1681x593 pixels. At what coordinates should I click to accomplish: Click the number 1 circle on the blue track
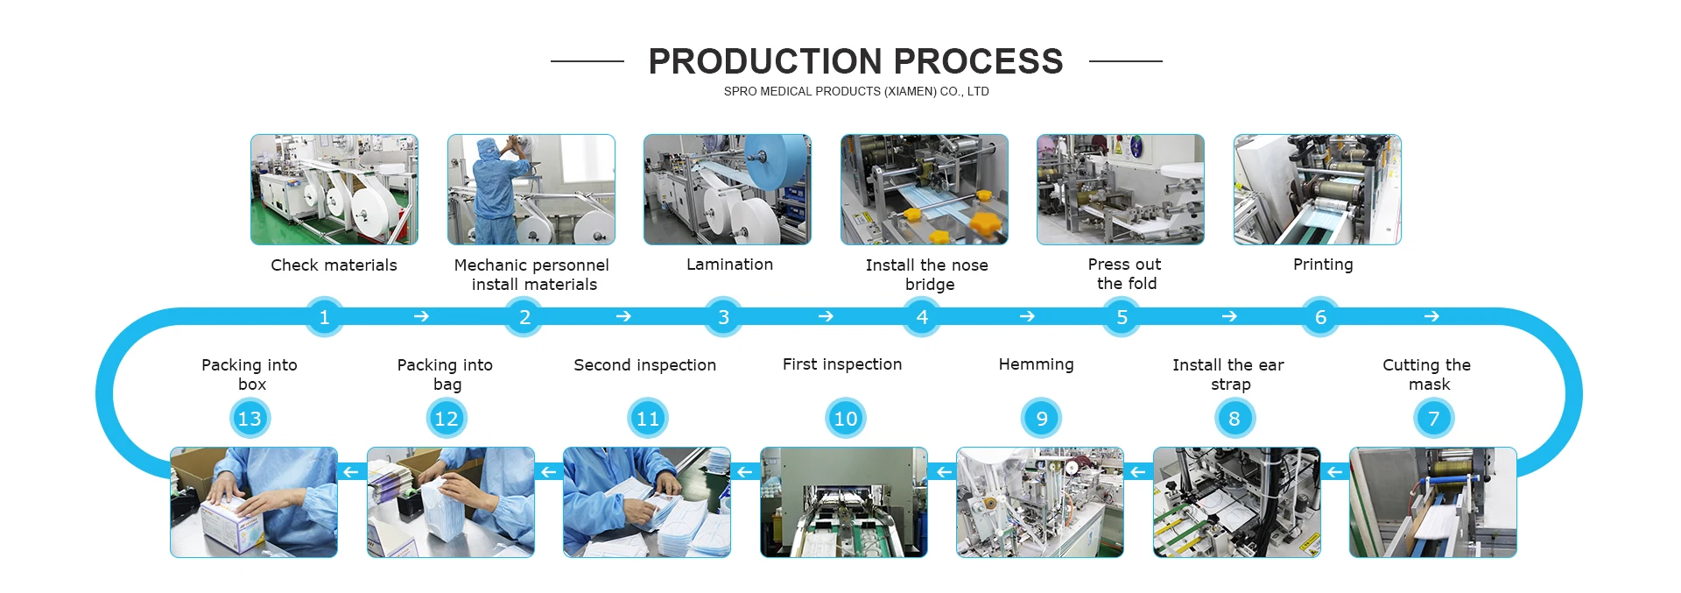(x=324, y=317)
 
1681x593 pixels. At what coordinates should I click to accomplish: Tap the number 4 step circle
(x=922, y=317)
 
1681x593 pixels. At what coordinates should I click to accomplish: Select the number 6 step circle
(x=1320, y=317)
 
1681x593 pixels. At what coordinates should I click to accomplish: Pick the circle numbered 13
(x=250, y=419)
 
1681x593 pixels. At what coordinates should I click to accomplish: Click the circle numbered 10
(x=845, y=419)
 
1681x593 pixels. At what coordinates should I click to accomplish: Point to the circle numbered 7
(x=1433, y=419)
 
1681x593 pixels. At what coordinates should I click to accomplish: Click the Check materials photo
(x=334, y=189)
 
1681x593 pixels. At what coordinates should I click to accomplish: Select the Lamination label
(x=729, y=265)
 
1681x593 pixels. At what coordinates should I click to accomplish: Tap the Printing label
(x=1323, y=265)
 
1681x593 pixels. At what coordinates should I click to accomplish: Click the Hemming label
(x=1036, y=364)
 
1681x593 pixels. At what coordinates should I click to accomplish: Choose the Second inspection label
(x=644, y=365)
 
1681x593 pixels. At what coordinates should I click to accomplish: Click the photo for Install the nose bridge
(x=924, y=189)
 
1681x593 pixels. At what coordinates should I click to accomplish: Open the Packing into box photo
(x=254, y=502)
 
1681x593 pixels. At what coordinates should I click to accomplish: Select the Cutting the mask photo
(x=1432, y=502)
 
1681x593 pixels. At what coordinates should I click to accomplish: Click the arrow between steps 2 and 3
(x=623, y=316)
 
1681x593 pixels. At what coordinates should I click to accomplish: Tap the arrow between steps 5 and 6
(x=1229, y=316)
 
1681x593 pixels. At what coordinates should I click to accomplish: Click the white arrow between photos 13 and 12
(x=351, y=472)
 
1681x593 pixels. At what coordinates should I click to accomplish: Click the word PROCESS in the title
(x=978, y=61)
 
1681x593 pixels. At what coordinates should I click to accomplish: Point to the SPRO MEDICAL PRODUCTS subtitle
(x=855, y=91)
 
